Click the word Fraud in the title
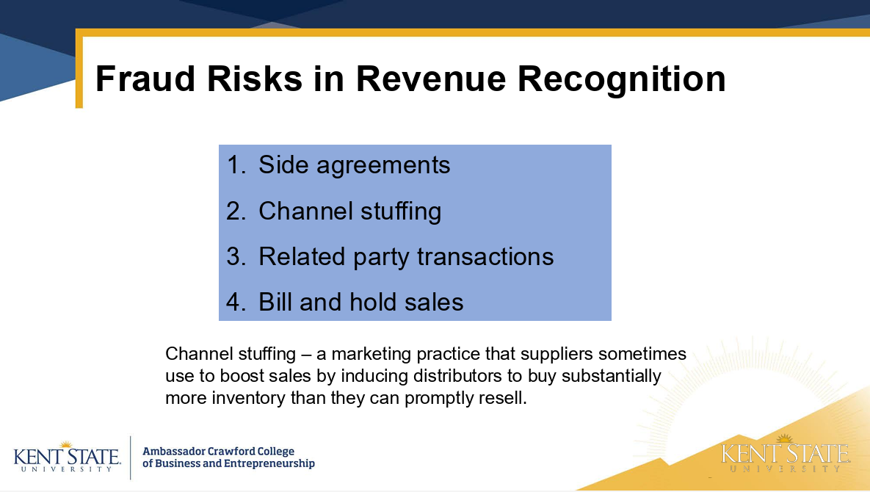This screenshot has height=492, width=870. point(145,79)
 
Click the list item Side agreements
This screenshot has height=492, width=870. point(354,165)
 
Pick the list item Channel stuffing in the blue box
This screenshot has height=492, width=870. point(349,211)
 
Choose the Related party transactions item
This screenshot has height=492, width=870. point(406,257)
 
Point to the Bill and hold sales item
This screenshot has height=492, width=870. point(360,303)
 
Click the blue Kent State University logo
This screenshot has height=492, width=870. point(67,457)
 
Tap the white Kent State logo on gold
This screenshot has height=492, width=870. point(785,454)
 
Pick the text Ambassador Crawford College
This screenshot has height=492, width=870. point(219,452)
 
